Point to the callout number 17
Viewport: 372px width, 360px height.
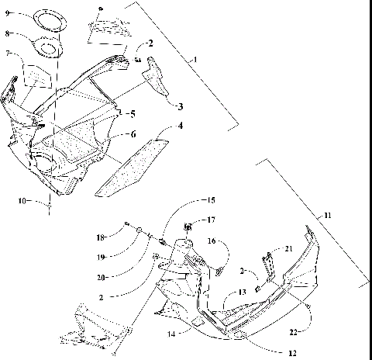point(212,221)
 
